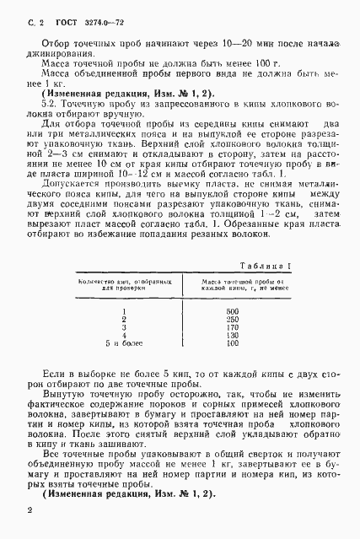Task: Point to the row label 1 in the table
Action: [x=124, y=311]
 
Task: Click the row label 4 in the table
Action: [x=124, y=336]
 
